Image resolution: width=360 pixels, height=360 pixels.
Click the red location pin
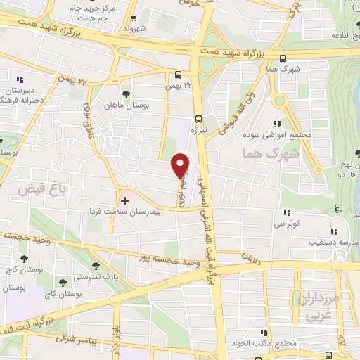(181, 165)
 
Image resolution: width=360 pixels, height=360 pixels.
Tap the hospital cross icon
(125, 201)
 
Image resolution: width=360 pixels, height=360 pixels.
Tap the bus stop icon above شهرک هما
(283, 59)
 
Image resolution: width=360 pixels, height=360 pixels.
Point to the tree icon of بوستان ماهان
(125, 94)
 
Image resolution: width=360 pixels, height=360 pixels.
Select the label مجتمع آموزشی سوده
(277, 134)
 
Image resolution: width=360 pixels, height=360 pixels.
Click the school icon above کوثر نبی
(287, 212)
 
